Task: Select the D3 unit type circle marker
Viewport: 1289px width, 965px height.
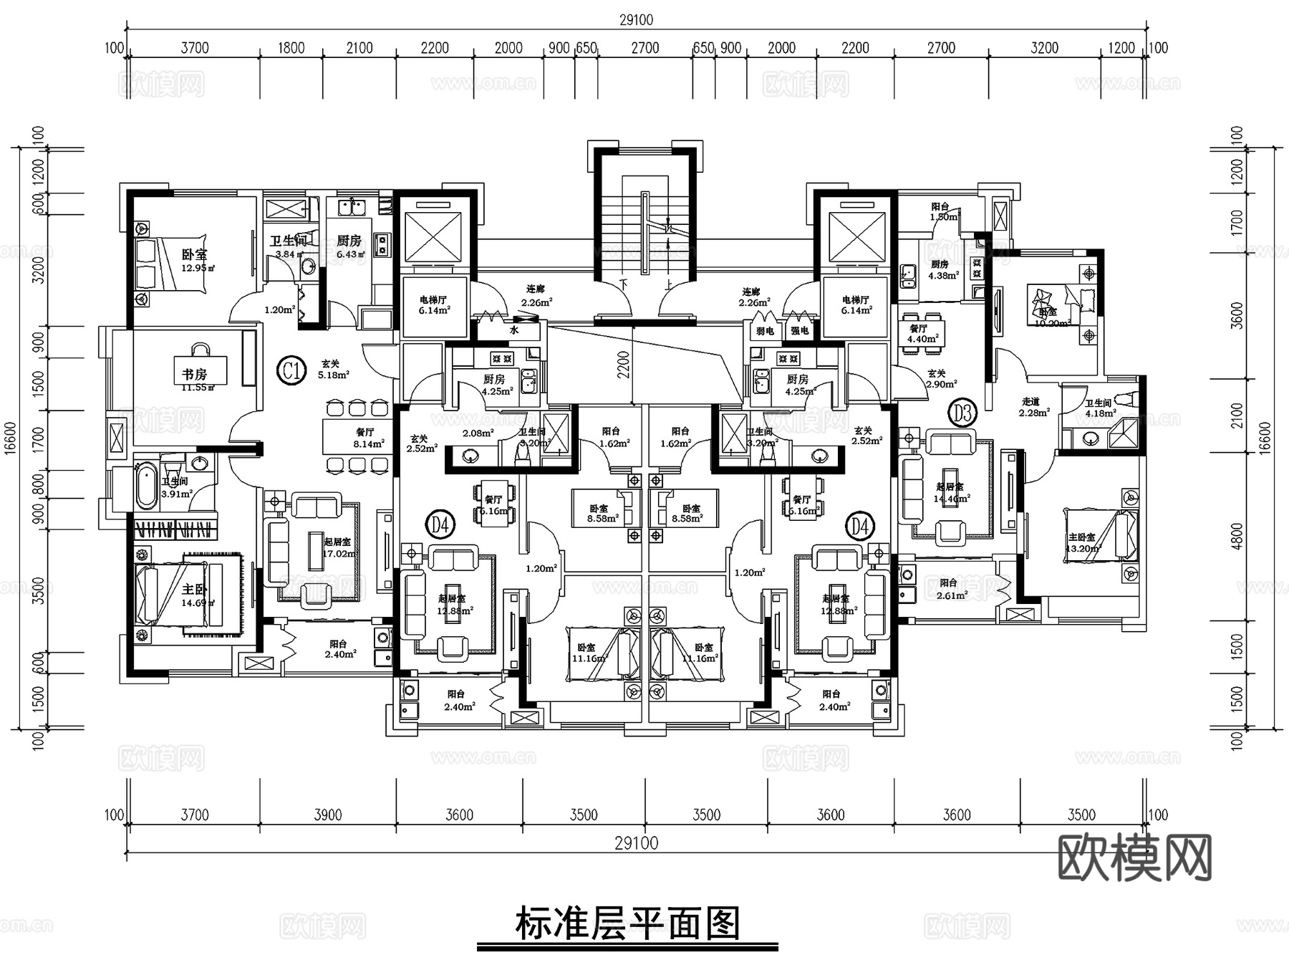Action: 962,413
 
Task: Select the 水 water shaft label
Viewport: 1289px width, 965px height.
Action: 513,331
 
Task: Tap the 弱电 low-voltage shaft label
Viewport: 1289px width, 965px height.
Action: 765,331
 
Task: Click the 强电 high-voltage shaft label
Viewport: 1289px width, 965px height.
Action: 799,331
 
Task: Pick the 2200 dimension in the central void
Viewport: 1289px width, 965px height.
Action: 624,365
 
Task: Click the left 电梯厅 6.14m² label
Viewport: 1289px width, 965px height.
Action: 433,305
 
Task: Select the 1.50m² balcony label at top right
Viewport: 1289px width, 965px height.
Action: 942,211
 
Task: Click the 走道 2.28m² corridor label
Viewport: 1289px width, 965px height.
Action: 1034,407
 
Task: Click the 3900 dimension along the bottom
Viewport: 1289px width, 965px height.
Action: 328,815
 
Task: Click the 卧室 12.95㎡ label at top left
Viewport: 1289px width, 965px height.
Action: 195,260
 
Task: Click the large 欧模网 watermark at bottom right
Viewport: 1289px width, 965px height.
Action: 1134,858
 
